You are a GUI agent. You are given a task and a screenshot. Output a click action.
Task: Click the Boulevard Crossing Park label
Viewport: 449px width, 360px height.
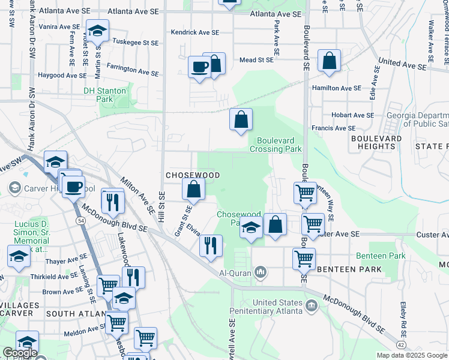[x=276, y=145]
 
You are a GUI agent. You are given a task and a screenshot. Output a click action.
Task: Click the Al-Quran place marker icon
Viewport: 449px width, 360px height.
[x=261, y=273]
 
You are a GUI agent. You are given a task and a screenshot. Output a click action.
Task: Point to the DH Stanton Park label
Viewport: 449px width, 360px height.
[x=105, y=95]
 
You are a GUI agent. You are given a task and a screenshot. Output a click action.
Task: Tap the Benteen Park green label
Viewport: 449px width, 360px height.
[x=381, y=256]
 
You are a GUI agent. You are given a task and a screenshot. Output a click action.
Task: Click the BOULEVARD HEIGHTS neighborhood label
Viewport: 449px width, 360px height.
[x=376, y=142]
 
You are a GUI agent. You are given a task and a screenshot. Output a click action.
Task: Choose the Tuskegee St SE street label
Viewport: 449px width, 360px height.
[x=136, y=43]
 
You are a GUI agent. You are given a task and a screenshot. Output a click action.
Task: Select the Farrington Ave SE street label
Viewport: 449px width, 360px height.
[x=133, y=70]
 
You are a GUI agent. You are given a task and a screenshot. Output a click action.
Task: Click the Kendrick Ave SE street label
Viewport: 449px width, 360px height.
[x=195, y=32]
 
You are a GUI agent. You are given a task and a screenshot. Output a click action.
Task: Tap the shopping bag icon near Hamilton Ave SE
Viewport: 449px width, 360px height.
[x=329, y=61]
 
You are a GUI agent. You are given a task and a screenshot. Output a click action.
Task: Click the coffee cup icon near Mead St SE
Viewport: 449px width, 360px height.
[x=199, y=67]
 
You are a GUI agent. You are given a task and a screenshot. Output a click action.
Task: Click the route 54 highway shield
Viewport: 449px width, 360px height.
[x=80, y=221]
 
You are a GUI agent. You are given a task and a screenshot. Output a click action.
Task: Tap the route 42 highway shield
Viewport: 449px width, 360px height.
[x=400, y=345]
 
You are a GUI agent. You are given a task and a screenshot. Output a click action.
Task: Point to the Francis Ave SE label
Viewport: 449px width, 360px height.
[x=333, y=128]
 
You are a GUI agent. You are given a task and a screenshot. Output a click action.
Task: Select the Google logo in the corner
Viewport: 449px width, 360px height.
[x=19, y=353]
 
